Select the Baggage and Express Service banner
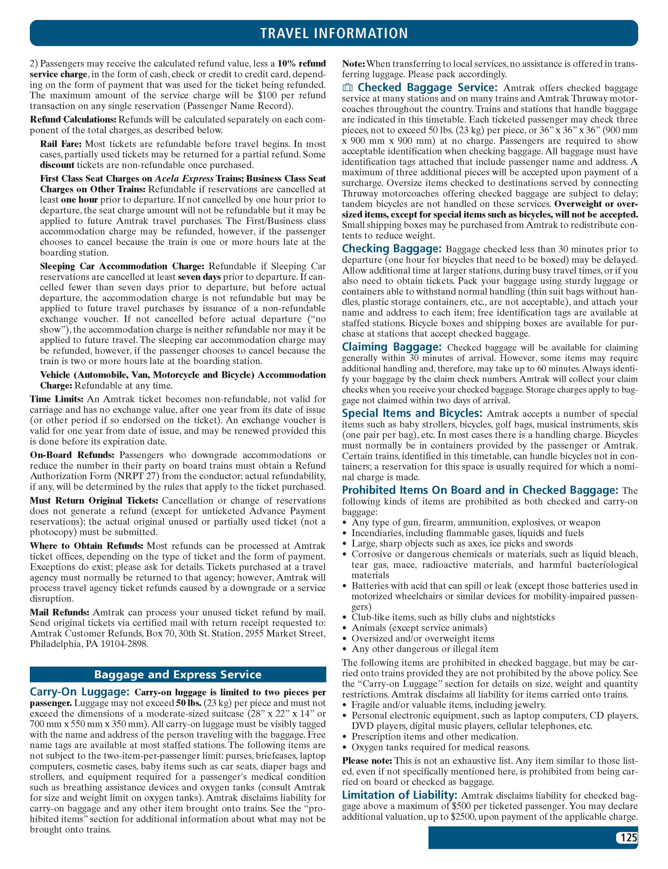[x=178, y=674]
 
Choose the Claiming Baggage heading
[x=392, y=347]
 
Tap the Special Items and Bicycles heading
[x=412, y=413]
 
